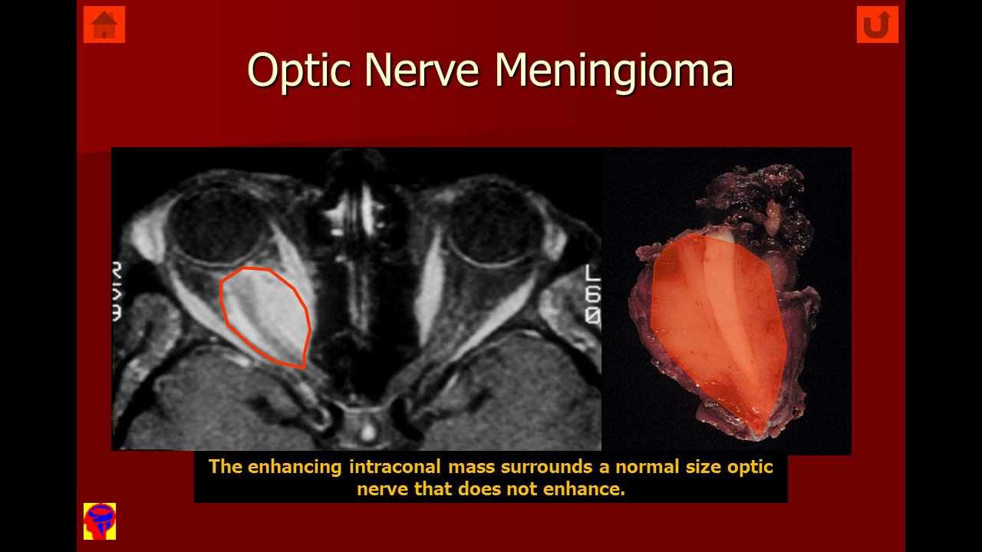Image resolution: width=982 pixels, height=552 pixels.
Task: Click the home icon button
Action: [104, 25]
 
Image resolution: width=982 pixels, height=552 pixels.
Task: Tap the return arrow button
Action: [877, 25]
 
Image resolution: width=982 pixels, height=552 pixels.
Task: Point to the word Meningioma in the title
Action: [613, 70]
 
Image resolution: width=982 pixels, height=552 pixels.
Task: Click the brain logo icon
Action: [100, 521]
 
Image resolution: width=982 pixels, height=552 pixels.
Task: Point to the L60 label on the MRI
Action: [592, 295]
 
